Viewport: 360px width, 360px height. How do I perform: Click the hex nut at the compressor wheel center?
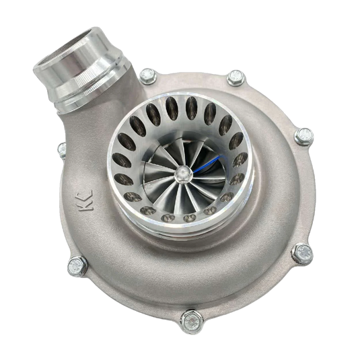point(181,173)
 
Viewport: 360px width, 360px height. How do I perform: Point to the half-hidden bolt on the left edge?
point(61,148)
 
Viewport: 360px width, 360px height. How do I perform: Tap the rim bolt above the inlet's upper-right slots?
point(235,78)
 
